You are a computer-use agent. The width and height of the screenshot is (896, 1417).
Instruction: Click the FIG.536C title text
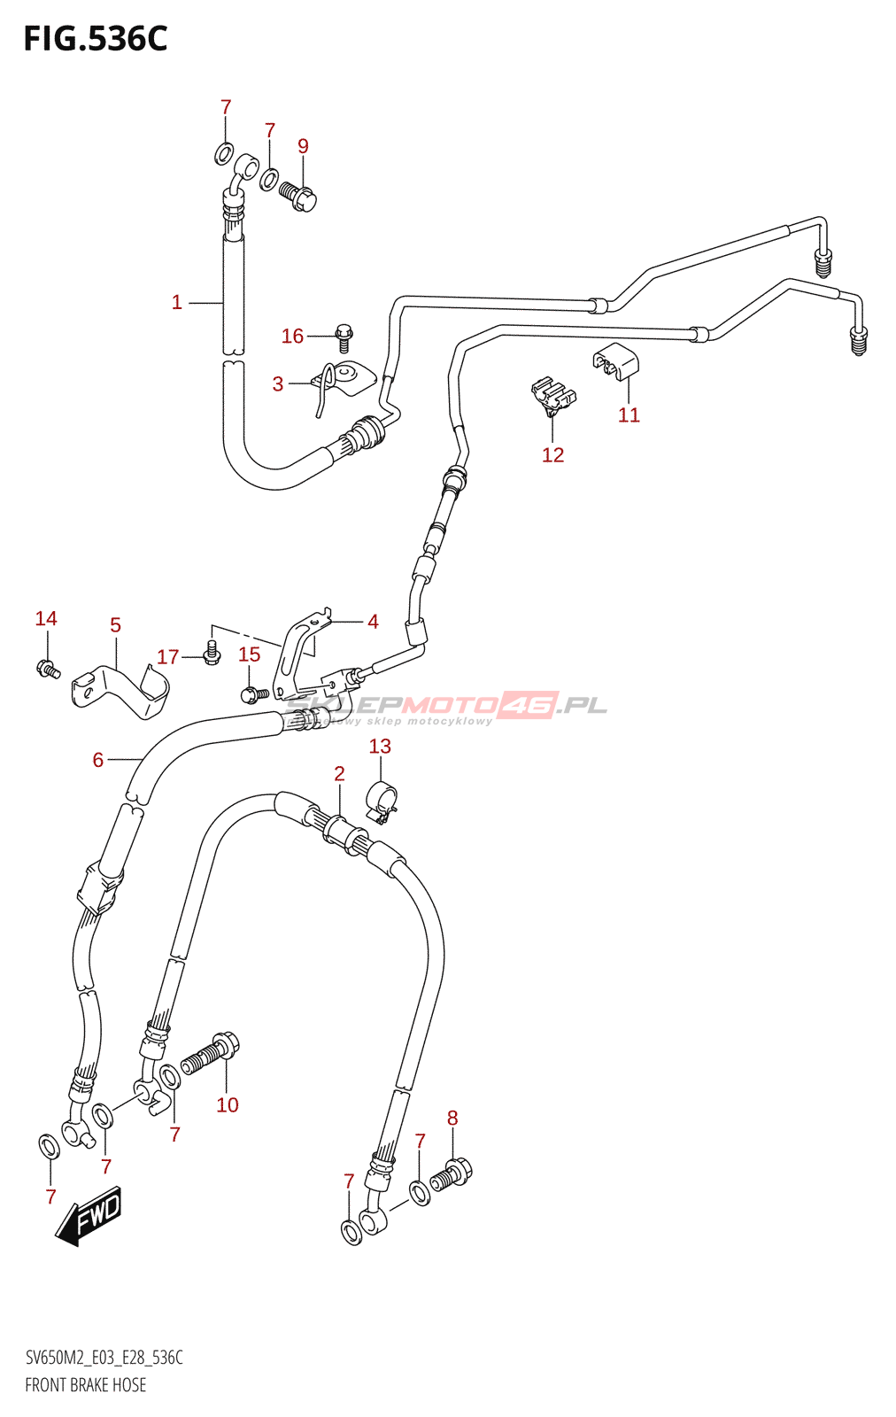96,39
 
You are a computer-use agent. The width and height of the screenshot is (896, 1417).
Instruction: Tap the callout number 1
177,303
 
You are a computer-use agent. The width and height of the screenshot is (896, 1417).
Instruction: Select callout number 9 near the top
303,146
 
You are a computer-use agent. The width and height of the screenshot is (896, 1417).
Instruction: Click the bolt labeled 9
298,197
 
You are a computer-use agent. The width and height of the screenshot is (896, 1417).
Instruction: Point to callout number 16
292,337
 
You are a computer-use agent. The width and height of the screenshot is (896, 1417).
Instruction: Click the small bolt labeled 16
344,335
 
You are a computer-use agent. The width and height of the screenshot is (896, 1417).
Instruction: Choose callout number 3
278,383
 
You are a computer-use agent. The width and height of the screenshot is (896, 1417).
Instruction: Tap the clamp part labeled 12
553,396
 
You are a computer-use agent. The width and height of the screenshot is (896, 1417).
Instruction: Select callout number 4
373,622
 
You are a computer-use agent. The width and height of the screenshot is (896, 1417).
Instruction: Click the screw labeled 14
48,669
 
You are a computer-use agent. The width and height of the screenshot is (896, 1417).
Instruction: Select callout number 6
98,760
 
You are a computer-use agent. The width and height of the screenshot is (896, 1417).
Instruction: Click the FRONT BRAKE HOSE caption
86,1385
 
